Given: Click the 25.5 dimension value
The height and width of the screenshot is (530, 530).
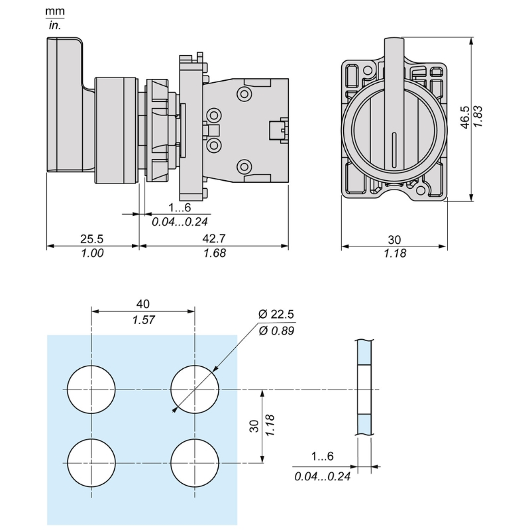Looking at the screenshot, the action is coord(91,239).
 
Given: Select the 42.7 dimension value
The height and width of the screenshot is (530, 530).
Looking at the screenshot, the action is coord(213,238).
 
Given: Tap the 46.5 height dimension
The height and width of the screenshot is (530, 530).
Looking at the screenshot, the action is coord(465,117).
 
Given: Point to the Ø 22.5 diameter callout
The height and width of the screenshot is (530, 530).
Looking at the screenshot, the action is coord(276,314).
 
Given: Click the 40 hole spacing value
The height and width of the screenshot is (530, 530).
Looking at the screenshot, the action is coord(143,304).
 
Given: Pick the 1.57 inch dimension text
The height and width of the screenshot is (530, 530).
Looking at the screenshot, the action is coord(143,320).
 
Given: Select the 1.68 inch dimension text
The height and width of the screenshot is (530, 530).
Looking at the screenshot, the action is coord(214,253).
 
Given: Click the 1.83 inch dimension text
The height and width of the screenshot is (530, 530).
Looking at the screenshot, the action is coord(478,117).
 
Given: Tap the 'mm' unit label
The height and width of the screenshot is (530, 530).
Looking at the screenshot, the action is coord(55,11).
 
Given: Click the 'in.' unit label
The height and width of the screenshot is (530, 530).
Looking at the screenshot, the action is coord(55,25).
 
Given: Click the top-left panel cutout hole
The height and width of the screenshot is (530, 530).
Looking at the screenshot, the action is coord(91,390).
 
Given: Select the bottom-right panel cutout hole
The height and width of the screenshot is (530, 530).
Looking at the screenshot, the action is coord(195,462).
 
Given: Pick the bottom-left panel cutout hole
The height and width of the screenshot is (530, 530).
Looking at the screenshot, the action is coord(91,462).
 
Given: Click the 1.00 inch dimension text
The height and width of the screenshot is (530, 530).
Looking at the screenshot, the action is coord(92,253).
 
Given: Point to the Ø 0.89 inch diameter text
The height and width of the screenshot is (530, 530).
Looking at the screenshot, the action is coord(276,331).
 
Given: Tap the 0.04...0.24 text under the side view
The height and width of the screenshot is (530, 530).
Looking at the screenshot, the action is coord(180,222).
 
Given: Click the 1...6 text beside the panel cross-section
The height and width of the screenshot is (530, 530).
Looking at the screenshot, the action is coord(322,456).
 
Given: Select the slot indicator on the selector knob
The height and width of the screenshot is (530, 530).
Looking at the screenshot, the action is coord(394,148).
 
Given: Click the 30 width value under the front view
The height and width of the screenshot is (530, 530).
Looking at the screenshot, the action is coord(394,240).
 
